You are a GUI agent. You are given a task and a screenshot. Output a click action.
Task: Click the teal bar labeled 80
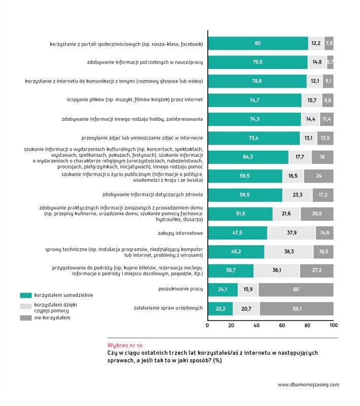(258, 44)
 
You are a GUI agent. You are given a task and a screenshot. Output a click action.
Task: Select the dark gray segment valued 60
(296, 289)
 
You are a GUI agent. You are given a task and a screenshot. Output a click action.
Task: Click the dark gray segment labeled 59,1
(296, 308)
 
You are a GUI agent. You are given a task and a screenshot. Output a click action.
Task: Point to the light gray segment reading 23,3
(297, 195)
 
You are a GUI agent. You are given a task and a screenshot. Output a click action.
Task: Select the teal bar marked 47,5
(237, 233)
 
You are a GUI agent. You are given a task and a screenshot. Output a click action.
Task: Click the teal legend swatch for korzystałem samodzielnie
(26, 295)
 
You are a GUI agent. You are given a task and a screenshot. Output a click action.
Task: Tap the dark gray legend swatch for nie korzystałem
(26, 318)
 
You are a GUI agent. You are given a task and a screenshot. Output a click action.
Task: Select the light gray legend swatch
(26, 307)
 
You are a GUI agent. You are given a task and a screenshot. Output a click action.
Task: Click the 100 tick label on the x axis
(333, 325)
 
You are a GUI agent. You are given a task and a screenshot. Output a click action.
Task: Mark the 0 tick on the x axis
(208, 325)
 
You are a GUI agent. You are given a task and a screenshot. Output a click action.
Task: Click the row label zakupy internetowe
(181, 233)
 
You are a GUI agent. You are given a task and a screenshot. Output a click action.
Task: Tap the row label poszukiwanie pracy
(181, 289)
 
